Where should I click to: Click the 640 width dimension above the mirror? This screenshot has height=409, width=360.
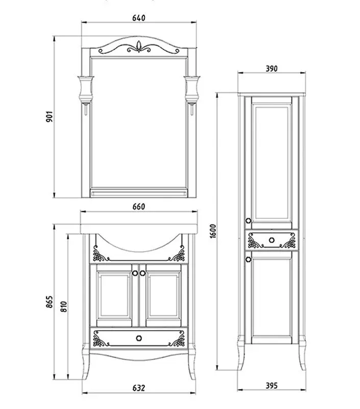138,18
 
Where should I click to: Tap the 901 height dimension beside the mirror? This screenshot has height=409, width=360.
49,117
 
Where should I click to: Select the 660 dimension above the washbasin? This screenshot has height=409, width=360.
138,207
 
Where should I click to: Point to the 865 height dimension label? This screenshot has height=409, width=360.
50,302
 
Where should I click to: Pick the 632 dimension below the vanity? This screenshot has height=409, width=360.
138,388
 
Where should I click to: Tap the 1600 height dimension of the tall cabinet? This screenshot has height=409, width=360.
213,231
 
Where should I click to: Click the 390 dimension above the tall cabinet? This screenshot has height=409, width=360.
272,69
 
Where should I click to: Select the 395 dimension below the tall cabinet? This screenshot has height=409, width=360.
272,385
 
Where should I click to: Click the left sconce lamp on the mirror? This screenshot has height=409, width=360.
86,94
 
